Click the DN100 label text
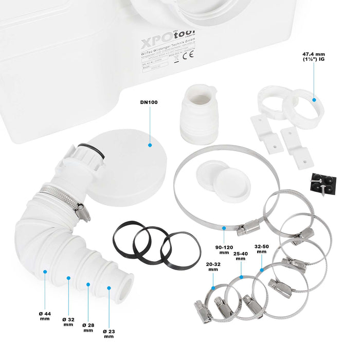tap(149, 102)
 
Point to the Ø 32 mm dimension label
tap(68, 321)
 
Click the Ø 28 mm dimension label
tap(88, 327)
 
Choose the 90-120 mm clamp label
tap(223, 249)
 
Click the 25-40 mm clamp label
tap(240, 256)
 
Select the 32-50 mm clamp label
tap(262, 249)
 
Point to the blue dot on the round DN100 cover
tap(150, 145)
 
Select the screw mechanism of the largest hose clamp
tap(250, 226)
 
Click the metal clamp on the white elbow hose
tap(62, 197)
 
